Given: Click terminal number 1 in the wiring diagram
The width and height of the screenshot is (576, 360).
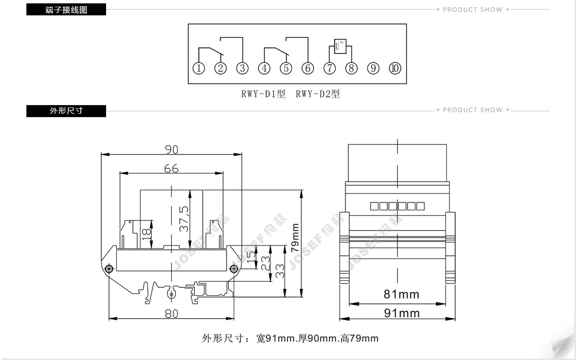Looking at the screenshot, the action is [x=199, y=68].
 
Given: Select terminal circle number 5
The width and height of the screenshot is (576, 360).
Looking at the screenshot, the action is [x=286, y=68].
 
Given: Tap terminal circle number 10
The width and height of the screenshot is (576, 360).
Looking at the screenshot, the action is [x=395, y=68].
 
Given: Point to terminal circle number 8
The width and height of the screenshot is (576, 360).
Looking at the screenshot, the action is [x=351, y=68].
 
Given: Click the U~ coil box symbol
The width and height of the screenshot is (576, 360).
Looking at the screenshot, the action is [x=340, y=46].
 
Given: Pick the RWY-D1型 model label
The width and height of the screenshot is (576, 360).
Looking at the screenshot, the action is [x=264, y=94].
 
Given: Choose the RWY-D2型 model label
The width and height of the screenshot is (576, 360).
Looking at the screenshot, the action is [x=318, y=94].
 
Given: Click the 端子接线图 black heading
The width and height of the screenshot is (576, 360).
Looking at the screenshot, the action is [x=66, y=10].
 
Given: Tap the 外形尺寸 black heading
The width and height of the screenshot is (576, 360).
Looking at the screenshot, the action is [x=66, y=111].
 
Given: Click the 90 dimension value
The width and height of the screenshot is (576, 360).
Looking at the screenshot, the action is [x=171, y=149].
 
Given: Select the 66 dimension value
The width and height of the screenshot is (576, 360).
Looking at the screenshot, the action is [x=171, y=168].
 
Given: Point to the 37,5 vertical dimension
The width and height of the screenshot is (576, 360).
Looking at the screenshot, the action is [x=184, y=219].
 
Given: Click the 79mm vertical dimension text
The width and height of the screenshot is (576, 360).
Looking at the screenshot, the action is [x=295, y=238].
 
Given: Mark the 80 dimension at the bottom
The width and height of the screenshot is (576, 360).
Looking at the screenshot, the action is [x=171, y=314].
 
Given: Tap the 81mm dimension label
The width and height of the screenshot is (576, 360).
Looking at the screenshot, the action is [x=401, y=294].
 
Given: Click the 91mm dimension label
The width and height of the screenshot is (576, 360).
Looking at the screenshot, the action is [x=402, y=313].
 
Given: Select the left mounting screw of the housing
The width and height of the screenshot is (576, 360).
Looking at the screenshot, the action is [x=109, y=269].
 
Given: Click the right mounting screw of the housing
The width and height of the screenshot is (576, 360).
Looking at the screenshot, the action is [x=234, y=269].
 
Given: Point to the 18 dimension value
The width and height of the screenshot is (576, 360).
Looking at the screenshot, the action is [x=146, y=234].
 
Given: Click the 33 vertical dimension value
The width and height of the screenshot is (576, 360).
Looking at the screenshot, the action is [x=280, y=271].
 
